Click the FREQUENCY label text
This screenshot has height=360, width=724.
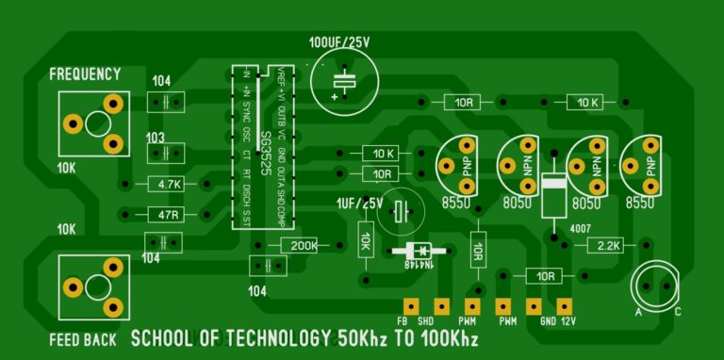point(85,74)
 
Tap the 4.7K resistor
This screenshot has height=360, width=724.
point(170,184)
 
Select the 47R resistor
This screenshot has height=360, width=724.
point(170,215)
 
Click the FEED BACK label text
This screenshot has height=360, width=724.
point(84,338)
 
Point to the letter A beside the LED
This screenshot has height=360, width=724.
point(638,312)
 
